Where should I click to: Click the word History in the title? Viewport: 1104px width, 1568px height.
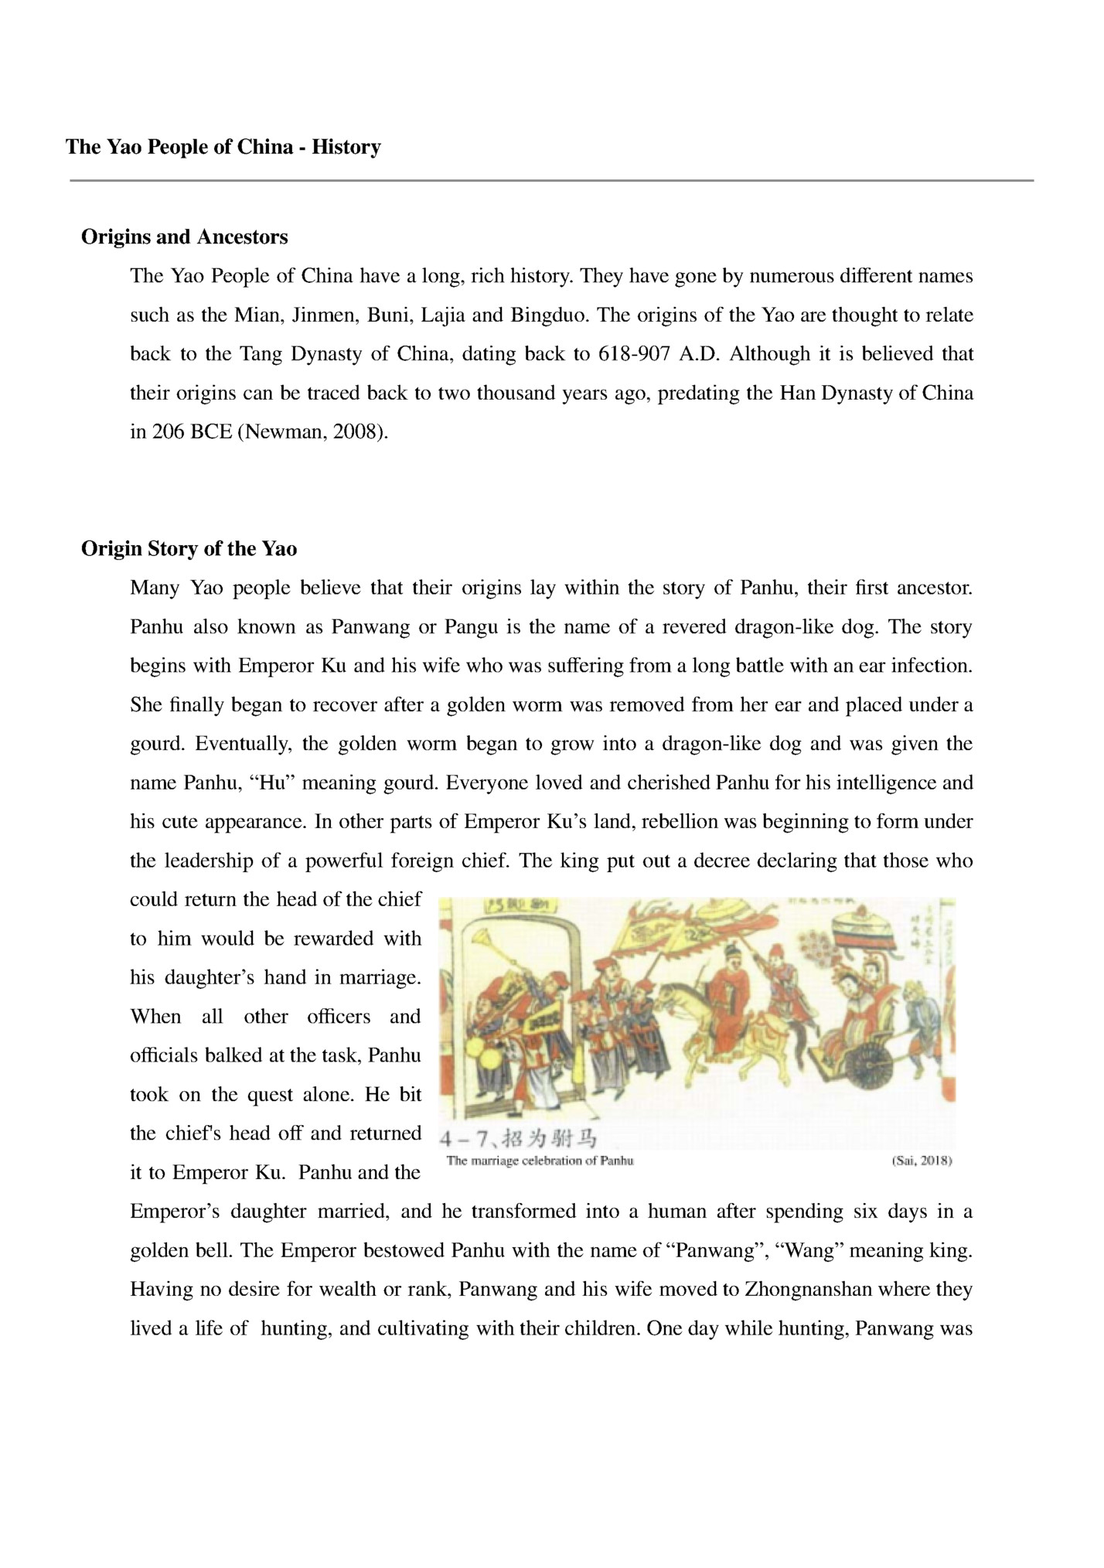346,147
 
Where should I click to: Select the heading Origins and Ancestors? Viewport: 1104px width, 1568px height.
184,237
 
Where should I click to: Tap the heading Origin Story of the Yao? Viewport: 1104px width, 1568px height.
189,549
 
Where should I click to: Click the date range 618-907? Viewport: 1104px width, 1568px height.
634,354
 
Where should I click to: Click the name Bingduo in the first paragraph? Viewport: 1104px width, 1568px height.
547,315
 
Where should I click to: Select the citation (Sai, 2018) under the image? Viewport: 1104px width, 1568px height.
922,1161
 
